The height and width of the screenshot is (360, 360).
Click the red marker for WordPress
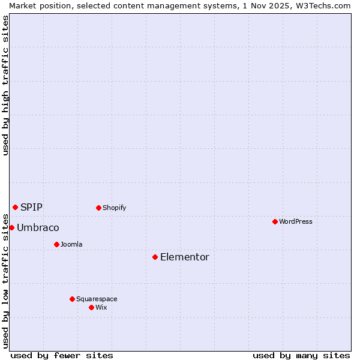click(x=275, y=221)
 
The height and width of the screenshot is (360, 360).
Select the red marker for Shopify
click(x=98, y=208)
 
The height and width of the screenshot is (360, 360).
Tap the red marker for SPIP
click(x=15, y=207)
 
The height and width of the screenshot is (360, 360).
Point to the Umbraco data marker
click(x=11, y=227)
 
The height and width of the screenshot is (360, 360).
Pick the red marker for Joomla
click(x=56, y=244)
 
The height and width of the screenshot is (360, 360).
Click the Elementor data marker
click(x=155, y=257)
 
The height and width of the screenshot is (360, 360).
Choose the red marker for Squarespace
click(x=72, y=299)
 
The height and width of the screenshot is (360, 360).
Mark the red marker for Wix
click(x=91, y=307)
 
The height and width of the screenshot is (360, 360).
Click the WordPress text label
click(x=296, y=221)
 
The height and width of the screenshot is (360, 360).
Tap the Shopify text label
click(x=115, y=208)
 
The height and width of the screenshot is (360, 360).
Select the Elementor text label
click(x=185, y=257)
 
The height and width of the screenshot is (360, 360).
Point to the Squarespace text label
click(x=97, y=299)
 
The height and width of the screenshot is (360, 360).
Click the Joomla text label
click(x=71, y=244)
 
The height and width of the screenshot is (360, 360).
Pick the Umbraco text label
click(x=38, y=227)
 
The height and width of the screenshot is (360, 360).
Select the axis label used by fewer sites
click(x=62, y=355)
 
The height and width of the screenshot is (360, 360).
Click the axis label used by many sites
click(x=301, y=355)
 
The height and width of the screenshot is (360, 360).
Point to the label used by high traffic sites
click(x=5, y=85)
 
